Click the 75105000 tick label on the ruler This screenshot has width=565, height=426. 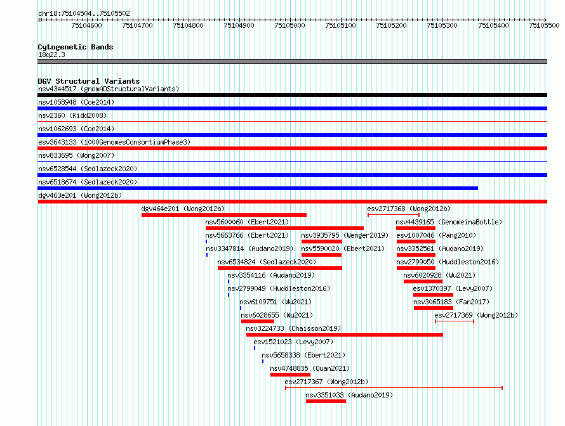289,25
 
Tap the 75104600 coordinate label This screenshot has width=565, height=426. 86,25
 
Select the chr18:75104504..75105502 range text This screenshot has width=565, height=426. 84,13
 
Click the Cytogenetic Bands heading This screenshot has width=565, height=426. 76,47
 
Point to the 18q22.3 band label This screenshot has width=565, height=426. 51,55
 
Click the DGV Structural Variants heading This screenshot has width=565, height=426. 89,81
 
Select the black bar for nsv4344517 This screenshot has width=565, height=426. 292,95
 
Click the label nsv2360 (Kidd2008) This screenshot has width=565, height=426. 72,115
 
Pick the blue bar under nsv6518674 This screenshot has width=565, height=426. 258,188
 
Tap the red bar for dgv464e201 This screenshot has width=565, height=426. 223,215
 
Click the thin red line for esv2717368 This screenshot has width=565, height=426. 394,215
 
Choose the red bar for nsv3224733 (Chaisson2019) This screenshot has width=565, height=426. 345,335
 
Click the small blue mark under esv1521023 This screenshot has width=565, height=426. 255,348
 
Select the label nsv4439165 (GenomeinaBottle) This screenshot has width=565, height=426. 449,222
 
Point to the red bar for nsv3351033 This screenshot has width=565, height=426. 326,401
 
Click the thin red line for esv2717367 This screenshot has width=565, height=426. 394,388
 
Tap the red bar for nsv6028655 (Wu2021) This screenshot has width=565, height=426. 258,321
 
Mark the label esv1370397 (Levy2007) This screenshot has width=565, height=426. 453,288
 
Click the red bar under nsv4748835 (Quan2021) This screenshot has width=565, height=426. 290,375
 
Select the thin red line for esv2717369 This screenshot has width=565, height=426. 455,321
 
